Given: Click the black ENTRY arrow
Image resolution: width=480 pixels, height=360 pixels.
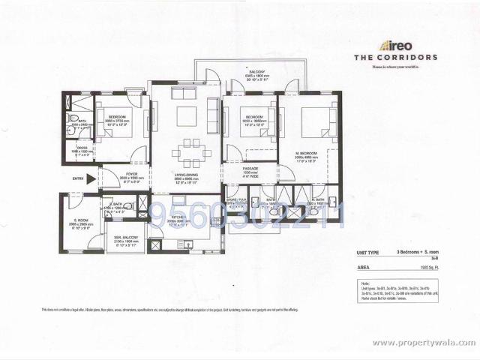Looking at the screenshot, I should (91, 178).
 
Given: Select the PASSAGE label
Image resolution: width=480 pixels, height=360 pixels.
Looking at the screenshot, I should (250, 169).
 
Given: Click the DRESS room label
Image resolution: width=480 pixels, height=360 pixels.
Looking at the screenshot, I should (82, 148).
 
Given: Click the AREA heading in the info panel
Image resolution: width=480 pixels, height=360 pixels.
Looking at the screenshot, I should (363, 265).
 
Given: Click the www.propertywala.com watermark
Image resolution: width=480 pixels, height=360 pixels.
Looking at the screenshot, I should (424, 343).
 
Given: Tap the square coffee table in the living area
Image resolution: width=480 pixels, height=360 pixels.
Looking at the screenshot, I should (186, 116).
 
